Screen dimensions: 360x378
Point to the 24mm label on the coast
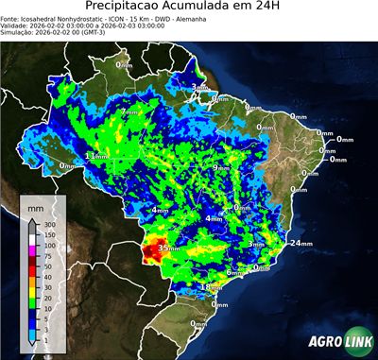tap(300, 243)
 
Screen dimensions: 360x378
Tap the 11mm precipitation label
tap(94, 156)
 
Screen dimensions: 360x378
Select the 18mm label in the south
tap(211, 286)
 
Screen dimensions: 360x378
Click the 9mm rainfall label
tap(221, 168)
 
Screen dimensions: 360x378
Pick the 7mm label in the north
tap(129, 111)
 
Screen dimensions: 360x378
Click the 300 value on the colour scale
tap(49, 224)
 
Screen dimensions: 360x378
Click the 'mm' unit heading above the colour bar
tap(36, 206)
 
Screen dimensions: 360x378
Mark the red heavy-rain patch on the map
tap(151, 252)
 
